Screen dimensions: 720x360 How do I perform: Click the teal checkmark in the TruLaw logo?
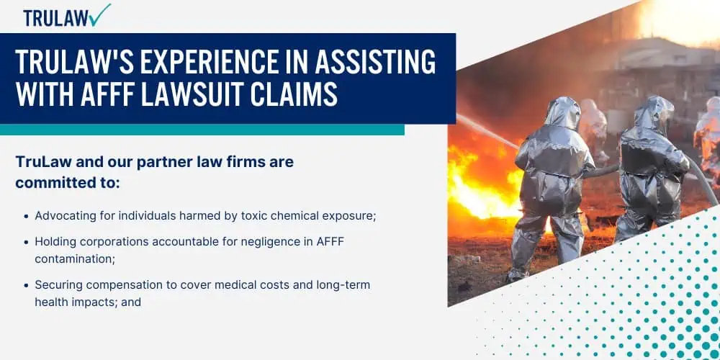pyautogui.click(x=100, y=14)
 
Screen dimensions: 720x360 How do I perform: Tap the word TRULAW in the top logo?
pyautogui.click(x=56, y=18)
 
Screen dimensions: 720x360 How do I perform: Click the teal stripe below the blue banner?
pyautogui.click(x=202, y=130)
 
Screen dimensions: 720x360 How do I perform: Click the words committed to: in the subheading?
pyautogui.click(x=68, y=183)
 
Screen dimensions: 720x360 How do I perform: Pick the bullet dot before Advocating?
pyautogui.click(x=27, y=216)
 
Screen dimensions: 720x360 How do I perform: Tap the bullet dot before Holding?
pyautogui.click(x=27, y=242)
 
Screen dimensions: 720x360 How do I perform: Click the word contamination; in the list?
pyautogui.click(x=75, y=259)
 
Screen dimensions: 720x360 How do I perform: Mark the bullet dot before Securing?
pyautogui.click(x=27, y=285)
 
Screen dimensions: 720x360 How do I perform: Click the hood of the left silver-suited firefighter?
pyautogui.click(x=562, y=112)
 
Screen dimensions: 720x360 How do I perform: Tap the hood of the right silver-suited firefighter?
pyautogui.click(x=654, y=112)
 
